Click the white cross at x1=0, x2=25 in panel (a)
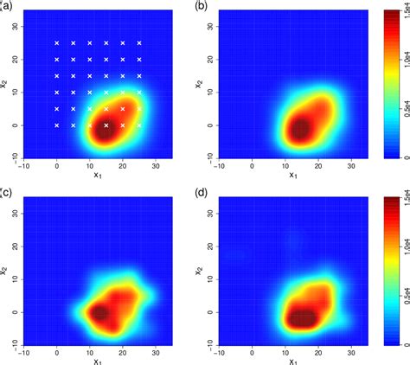[x=57, y=42]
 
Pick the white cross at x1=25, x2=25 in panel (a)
[x=139, y=42]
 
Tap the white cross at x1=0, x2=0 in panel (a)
[x=57, y=125]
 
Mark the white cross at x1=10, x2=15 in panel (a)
[x=90, y=75]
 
